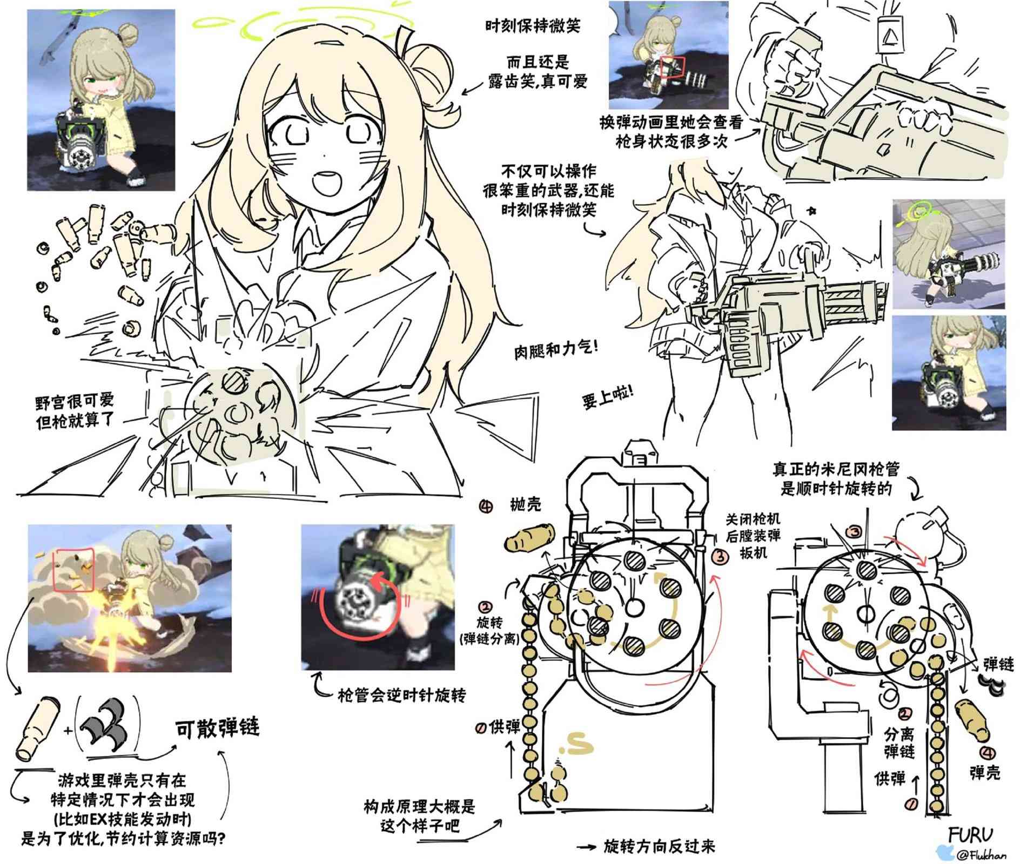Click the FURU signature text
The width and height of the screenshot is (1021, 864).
point(970,835)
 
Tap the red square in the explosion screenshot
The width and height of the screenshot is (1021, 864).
point(74,569)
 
